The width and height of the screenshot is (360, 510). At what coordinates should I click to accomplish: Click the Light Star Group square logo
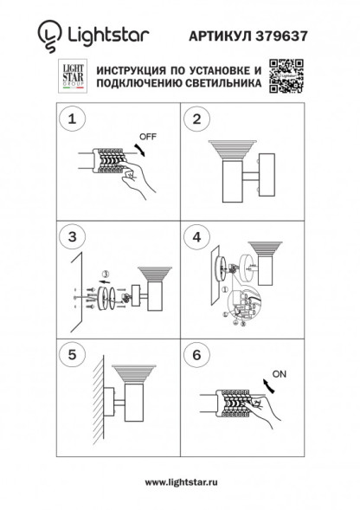click(72, 77)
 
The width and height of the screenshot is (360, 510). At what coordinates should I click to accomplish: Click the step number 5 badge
click(73, 355)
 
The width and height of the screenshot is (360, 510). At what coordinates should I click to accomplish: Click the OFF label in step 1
click(149, 136)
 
